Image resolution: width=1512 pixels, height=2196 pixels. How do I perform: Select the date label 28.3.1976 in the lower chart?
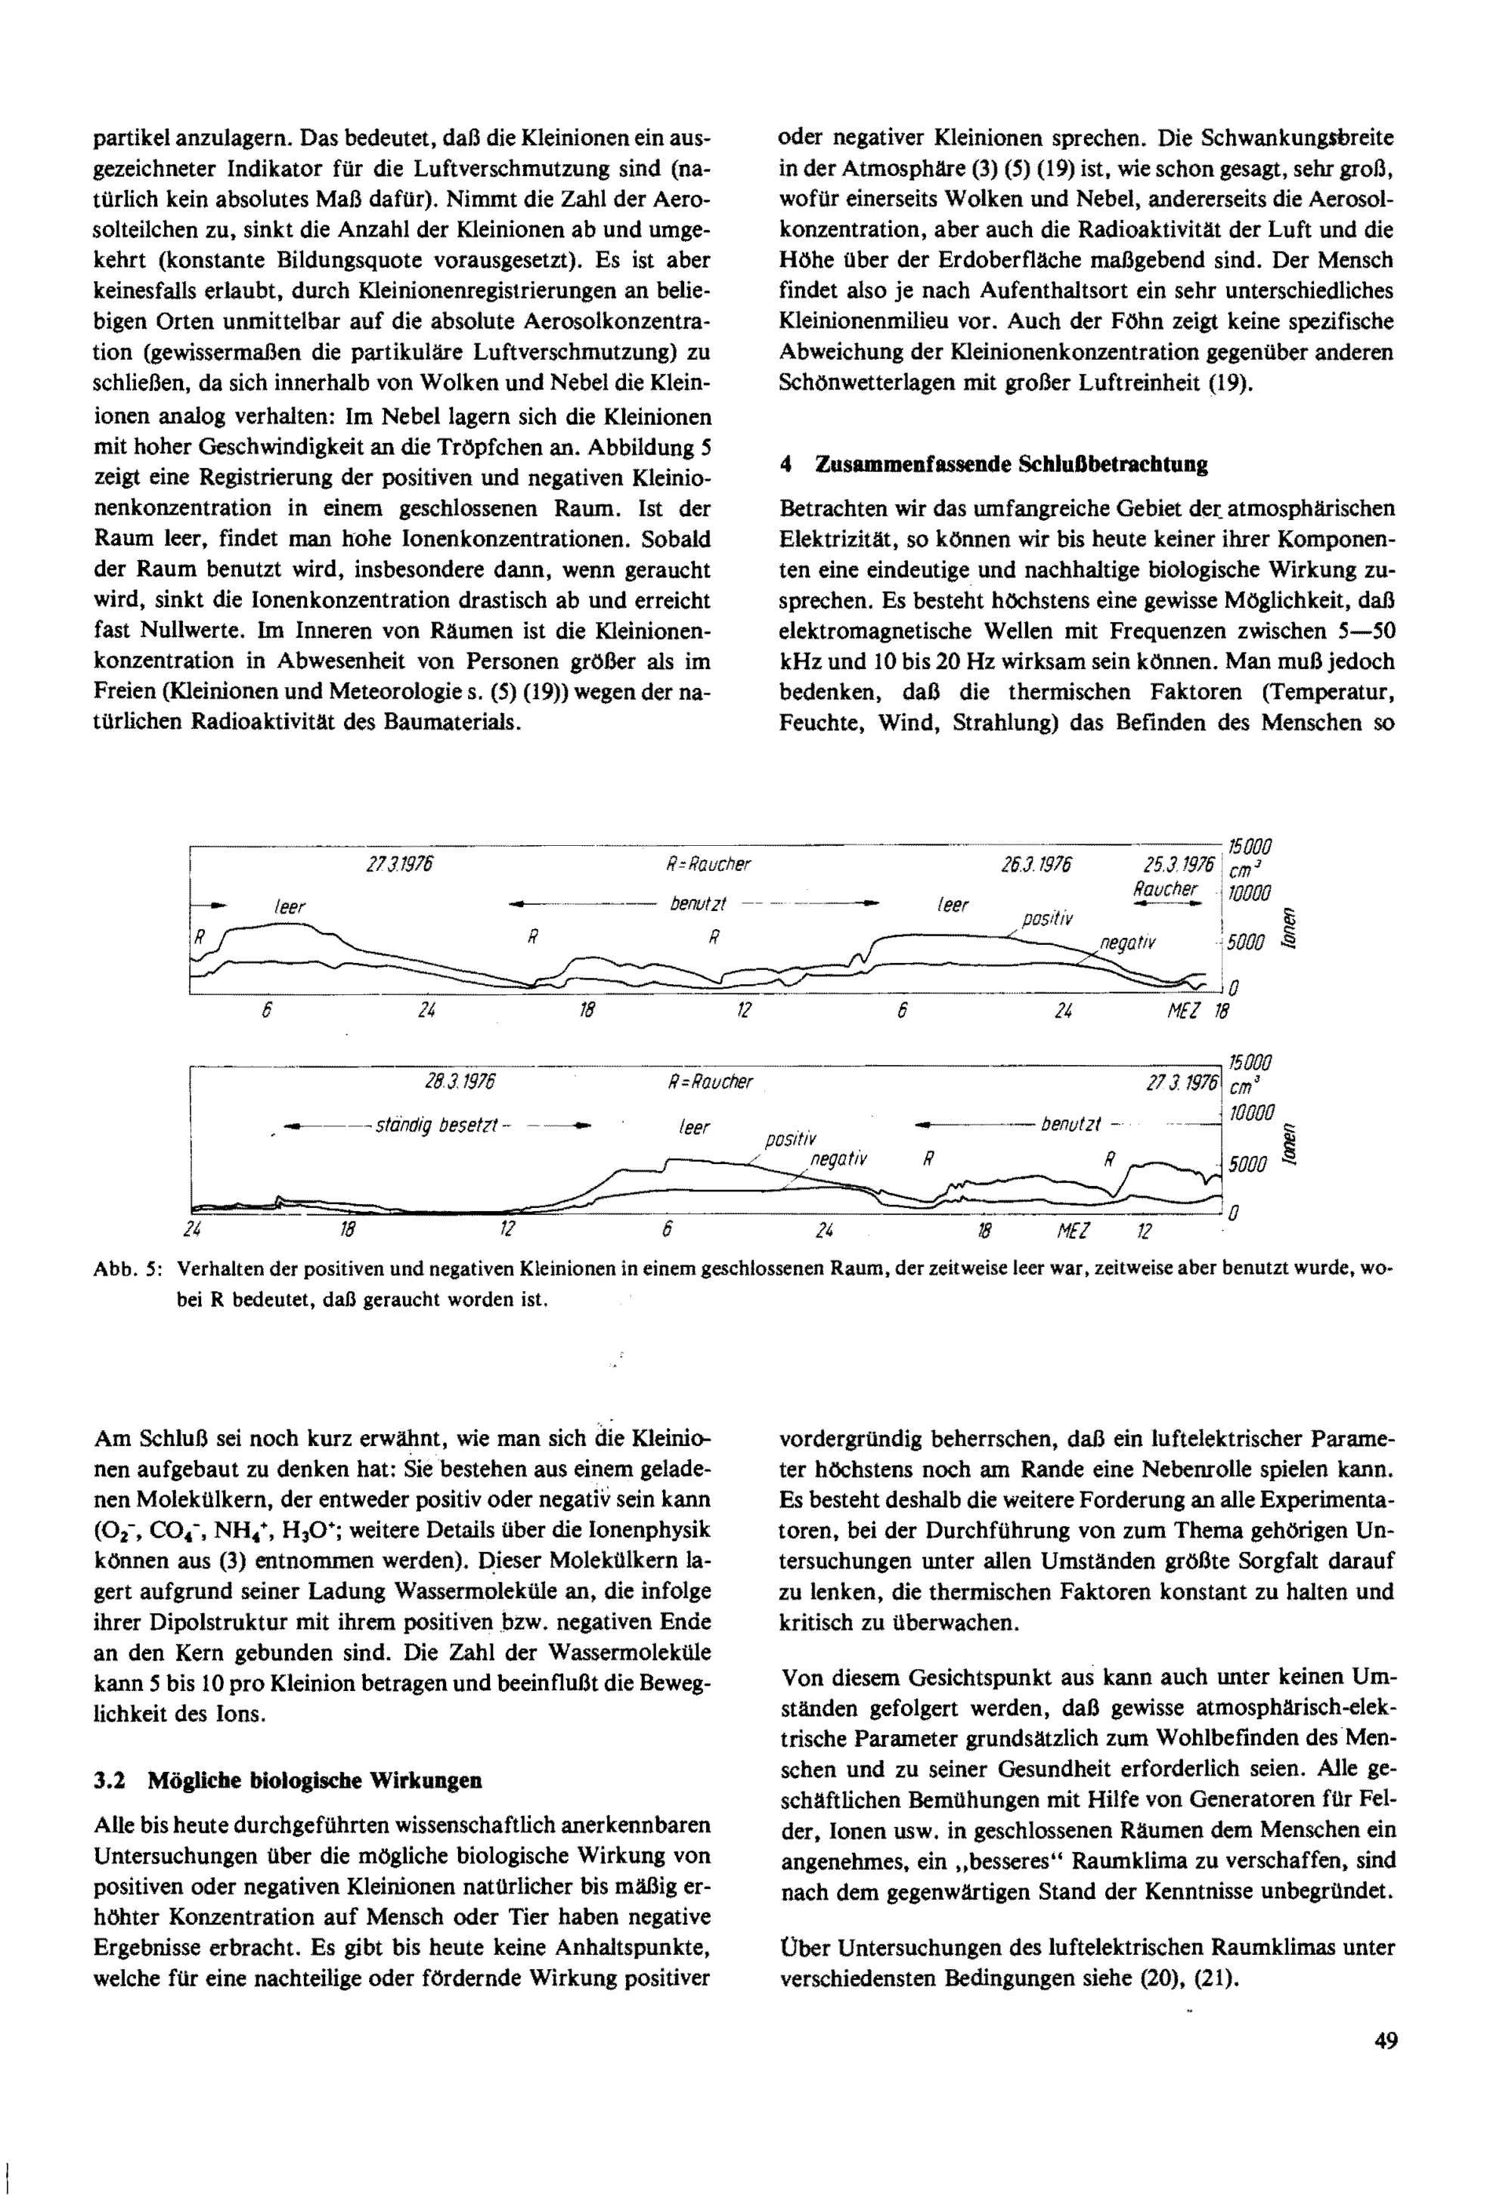tap(460, 1081)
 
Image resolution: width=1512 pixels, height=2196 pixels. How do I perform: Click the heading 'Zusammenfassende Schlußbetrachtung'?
tap(1012, 464)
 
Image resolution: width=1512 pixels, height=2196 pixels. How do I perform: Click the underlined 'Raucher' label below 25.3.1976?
tap(1165, 890)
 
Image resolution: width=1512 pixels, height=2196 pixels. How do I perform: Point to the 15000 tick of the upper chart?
tap(1250, 846)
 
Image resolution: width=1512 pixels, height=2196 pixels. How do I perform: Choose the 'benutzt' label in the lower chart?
tap(1070, 1125)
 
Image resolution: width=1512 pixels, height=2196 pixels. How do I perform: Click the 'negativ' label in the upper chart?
tap(1128, 943)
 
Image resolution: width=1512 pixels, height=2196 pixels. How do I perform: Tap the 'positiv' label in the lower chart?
tap(790, 1138)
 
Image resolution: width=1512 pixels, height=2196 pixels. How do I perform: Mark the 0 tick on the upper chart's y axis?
tap(1234, 988)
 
